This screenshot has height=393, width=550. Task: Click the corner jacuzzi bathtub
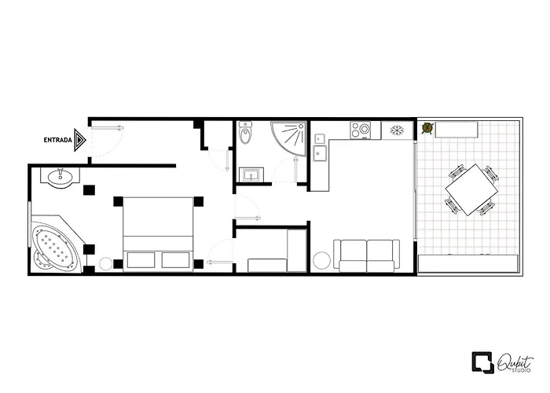pos(56,247)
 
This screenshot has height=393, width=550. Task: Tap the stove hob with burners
pos(364,130)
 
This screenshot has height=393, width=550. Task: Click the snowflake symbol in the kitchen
pos(398,129)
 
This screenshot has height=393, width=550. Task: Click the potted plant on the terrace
pos(427,127)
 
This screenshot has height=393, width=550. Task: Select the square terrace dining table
pos(470,189)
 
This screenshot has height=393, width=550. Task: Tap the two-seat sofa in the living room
pos(366,255)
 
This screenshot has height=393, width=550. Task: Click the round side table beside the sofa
pos(322,261)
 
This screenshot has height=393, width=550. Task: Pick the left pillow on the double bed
pos(141,260)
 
